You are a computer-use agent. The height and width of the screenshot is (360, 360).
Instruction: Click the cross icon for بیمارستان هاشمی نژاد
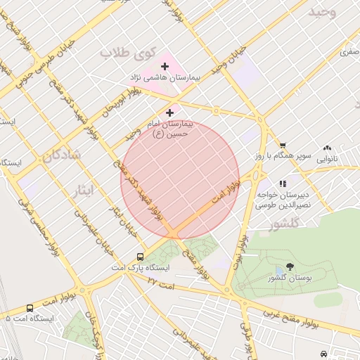click(165, 66)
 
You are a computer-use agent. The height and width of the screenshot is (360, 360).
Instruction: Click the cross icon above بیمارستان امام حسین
click(170, 112)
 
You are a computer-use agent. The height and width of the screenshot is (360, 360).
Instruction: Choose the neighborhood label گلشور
click(285, 224)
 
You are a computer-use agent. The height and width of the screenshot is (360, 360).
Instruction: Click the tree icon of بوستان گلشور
click(290, 267)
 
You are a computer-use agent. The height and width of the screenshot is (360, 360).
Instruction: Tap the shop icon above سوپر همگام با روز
click(282, 146)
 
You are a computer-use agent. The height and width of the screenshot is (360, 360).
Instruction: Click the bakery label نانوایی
click(327, 160)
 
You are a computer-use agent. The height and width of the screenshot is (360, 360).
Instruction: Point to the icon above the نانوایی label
click(327, 148)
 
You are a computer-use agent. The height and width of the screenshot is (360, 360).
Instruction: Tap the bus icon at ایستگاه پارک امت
click(141, 257)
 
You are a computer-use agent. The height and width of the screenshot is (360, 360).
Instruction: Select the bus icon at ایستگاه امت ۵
click(30, 308)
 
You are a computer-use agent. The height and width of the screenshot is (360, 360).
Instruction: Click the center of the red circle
click(180, 180)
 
